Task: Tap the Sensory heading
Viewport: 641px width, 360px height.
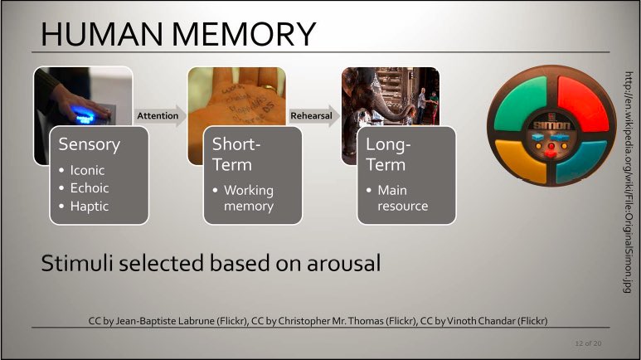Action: pyautogui.click(x=89, y=144)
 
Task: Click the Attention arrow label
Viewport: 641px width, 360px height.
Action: pyautogui.click(x=157, y=115)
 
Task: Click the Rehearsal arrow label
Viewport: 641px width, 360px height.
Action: pyautogui.click(x=311, y=115)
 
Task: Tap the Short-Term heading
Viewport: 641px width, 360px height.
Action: pyautogui.click(x=237, y=153)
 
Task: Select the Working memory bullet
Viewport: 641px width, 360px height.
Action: pyautogui.click(x=248, y=197)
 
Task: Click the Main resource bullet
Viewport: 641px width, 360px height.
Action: pyautogui.click(x=402, y=197)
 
